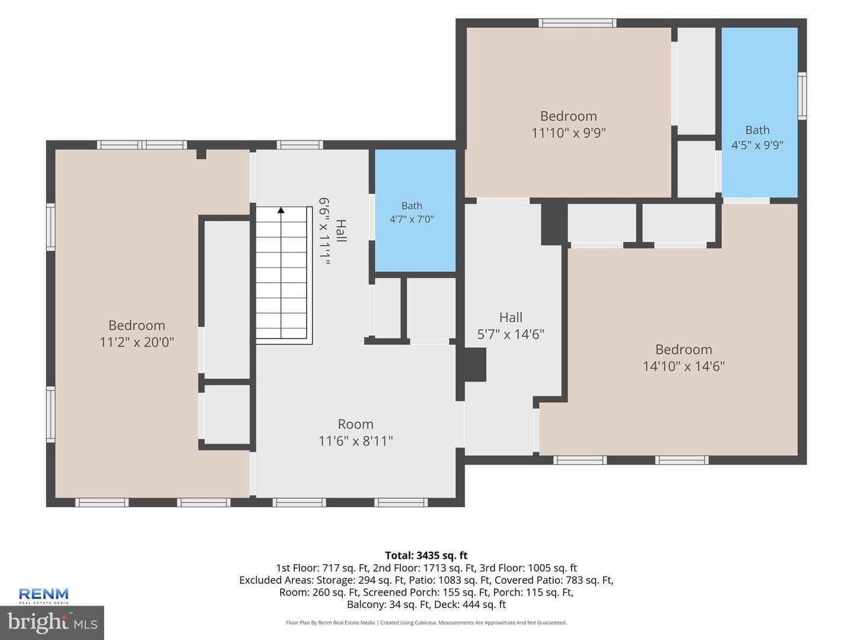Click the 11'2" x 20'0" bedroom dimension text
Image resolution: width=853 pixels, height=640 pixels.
tap(137, 343)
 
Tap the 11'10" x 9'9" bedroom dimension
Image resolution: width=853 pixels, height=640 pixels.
tap(568, 133)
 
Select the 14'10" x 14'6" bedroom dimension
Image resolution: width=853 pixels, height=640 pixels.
tap(684, 366)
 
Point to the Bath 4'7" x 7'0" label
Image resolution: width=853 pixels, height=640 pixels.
tap(412, 212)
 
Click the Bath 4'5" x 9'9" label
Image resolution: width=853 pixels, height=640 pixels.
tap(757, 137)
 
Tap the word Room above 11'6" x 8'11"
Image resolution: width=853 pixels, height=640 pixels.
tap(355, 424)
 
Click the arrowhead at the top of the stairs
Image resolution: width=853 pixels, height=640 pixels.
tap(281, 210)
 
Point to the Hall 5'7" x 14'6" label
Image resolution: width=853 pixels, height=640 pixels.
tap(511, 326)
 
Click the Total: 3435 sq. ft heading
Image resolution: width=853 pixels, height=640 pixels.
tap(426, 555)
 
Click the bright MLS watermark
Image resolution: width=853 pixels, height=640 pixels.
tap(52, 622)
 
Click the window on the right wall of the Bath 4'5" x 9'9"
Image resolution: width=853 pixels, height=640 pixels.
tap(802, 95)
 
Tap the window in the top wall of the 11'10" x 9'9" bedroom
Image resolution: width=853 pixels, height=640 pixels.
tap(577, 23)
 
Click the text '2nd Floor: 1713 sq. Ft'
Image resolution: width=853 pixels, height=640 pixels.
tap(424, 568)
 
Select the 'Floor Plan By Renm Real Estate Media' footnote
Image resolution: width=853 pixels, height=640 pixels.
tap(331, 622)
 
